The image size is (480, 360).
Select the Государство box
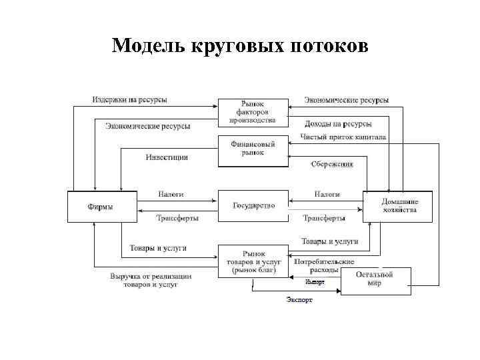(x=253, y=206)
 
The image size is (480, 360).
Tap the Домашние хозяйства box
(x=399, y=206)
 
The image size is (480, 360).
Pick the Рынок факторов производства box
(x=253, y=112)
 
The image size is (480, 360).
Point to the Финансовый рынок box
(x=253, y=150)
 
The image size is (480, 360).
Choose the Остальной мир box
(x=375, y=280)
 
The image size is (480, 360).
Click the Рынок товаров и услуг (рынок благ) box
(x=253, y=261)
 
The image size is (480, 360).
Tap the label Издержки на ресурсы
(x=129, y=100)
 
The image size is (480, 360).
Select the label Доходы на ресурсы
(x=338, y=124)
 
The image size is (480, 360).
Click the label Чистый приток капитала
(x=343, y=137)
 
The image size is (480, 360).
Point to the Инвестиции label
(x=167, y=157)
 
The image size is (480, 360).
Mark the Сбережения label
(x=331, y=164)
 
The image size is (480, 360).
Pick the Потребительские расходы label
(x=325, y=266)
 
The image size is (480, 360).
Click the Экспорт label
(x=299, y=300)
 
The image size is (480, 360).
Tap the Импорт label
(x=315, y=282)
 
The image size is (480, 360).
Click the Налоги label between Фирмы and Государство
(x=171, y=194)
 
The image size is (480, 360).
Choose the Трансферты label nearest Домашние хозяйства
(x=324, y=218)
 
